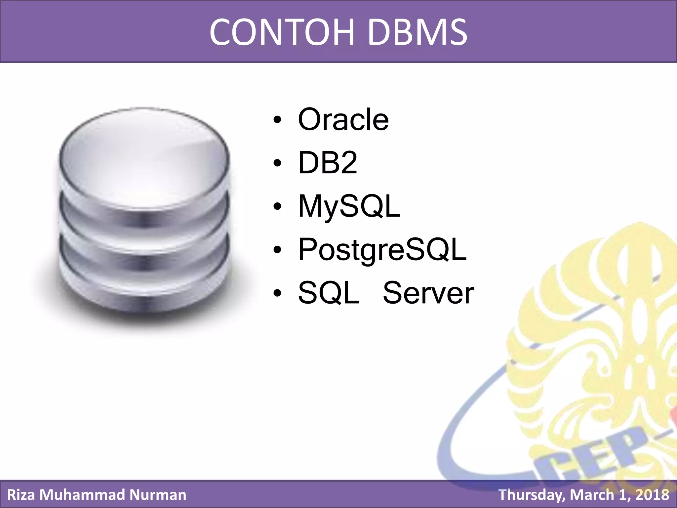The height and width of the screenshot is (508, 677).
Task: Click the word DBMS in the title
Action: tap(417, 32)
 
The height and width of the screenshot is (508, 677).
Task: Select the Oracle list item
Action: tap(343, 119)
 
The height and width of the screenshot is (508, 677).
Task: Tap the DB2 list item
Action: tap(327, 162)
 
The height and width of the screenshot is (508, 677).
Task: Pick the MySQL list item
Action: tap(349, 206)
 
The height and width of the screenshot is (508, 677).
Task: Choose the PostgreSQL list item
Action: tap(382, 250)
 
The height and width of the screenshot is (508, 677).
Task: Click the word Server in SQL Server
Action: tap(428, 293)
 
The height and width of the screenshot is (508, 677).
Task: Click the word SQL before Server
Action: tap(328, 293)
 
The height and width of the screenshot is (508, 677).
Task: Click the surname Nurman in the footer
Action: tap(158, 495)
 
